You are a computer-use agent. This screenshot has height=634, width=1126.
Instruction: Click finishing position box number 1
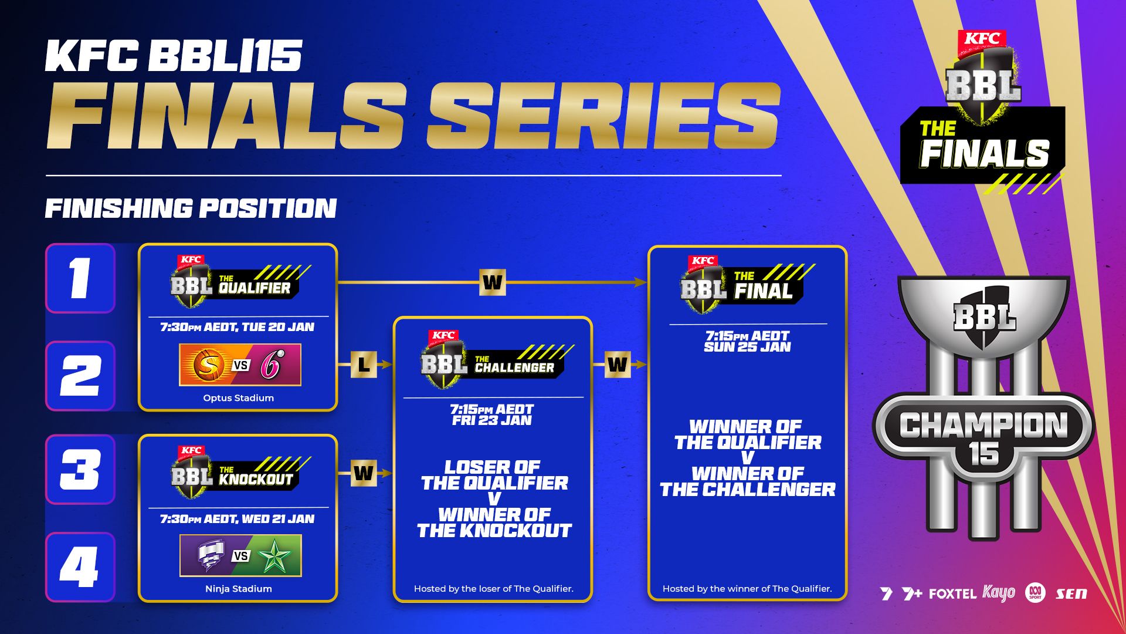80,278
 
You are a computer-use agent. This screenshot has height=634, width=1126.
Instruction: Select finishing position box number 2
80,376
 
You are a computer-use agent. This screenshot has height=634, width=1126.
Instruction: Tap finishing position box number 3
80,470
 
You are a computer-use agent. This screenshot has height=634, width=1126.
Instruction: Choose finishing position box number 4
80,567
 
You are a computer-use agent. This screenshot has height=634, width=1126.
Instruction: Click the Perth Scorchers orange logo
209,365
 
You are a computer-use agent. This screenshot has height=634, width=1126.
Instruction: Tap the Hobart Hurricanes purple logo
210,556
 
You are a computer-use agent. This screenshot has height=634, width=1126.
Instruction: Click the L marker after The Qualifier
364,365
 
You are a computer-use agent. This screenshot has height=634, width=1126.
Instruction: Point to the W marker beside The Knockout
364,473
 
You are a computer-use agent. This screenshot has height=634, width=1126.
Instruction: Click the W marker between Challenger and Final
618,365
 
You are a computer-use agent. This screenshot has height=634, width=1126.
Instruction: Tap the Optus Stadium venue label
238,398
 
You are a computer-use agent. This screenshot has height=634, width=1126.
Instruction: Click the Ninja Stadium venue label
238,589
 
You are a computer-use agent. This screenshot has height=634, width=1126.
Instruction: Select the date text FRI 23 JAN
491,420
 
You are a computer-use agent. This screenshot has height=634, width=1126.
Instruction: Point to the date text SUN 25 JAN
747,347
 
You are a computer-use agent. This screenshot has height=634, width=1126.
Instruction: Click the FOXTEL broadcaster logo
952,594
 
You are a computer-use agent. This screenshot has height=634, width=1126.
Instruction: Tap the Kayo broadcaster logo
998,593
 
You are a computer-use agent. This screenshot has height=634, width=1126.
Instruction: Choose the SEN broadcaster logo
1071,594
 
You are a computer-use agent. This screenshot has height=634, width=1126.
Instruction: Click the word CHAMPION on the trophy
983,425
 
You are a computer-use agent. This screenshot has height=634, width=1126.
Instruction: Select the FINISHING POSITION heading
191,208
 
